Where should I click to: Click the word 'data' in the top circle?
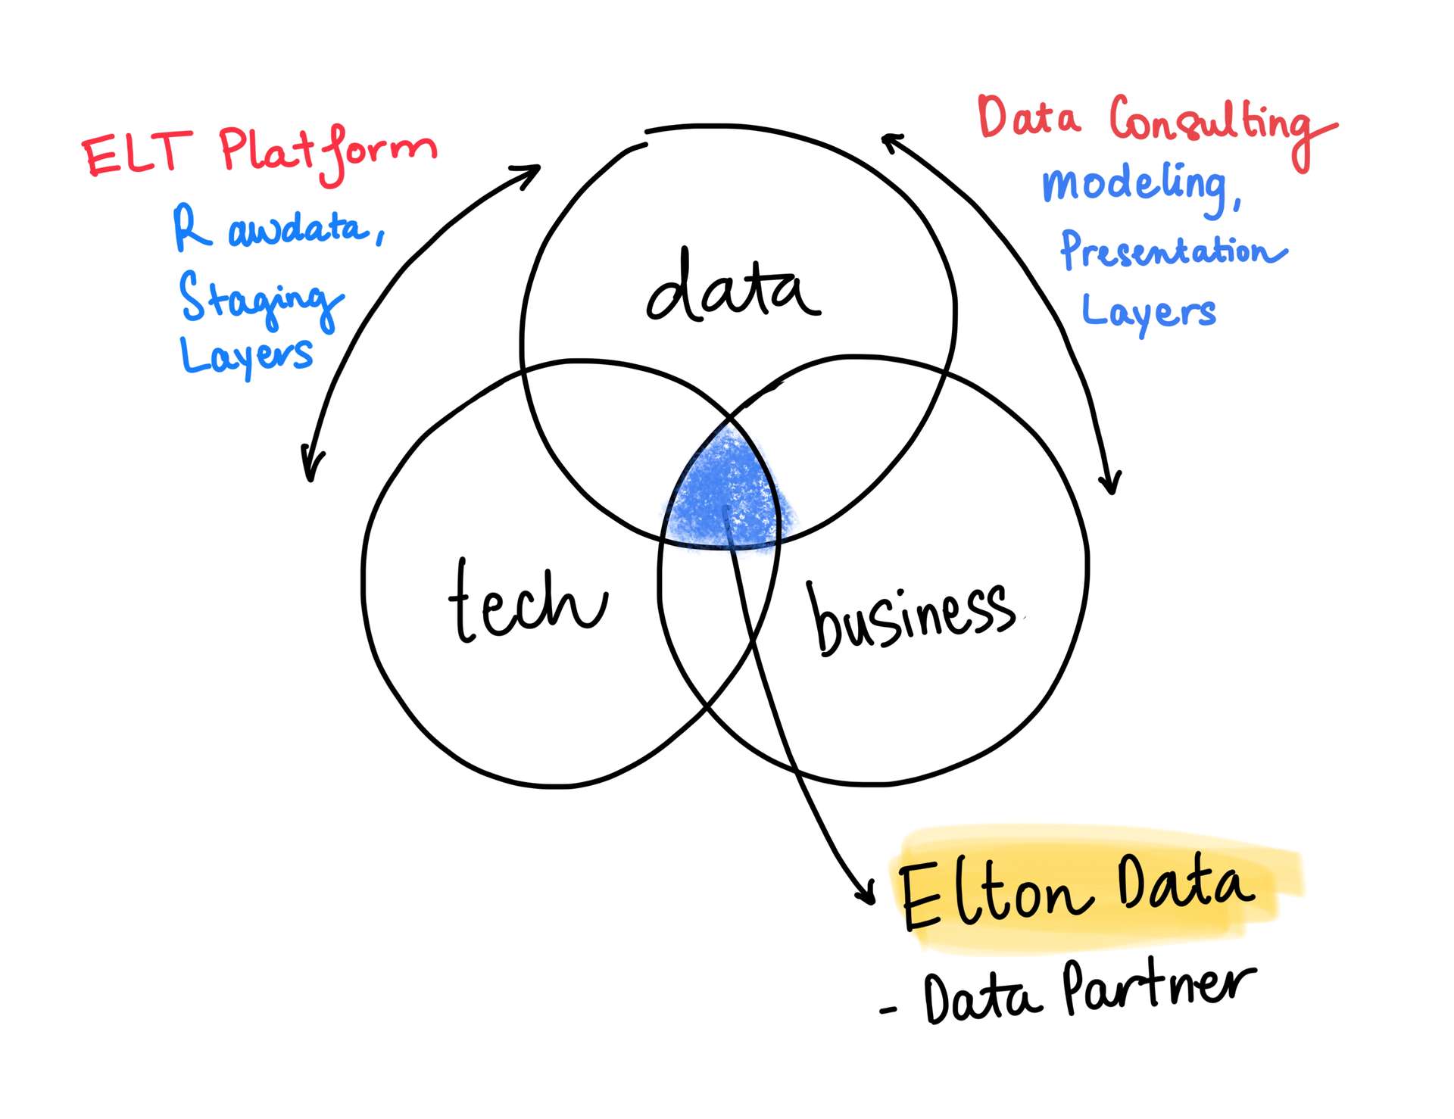point(733,288)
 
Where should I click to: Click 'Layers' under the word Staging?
point(246,356)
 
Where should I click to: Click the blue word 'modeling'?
point(1140,185)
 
